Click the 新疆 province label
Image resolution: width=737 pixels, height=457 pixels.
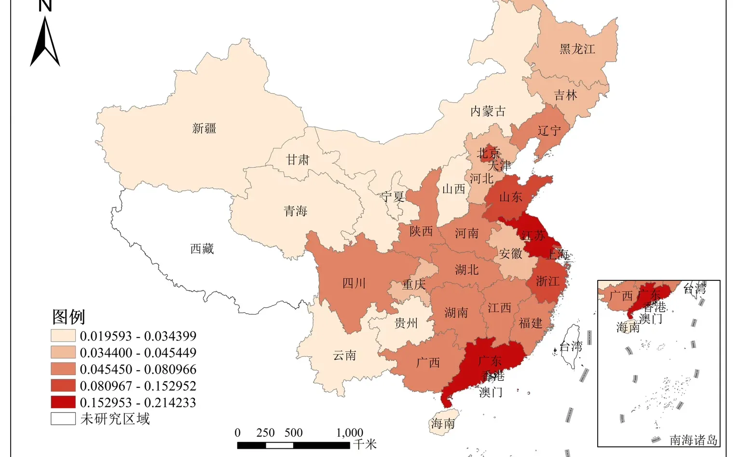(204, 128)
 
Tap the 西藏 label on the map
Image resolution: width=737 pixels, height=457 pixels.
(202, 249)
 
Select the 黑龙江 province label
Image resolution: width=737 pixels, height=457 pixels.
(577, 49)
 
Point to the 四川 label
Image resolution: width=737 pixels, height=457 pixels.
(354, 283)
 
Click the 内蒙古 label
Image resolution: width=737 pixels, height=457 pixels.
(488, 111)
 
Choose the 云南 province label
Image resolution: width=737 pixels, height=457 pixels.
(344, 356)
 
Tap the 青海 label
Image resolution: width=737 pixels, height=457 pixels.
(295, 211)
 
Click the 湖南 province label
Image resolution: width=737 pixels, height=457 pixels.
(456, 313)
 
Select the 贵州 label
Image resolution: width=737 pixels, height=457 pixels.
(406, 323)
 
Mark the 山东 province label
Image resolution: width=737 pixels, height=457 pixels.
(510, 197)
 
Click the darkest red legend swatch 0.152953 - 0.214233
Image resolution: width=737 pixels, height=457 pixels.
(63, 402)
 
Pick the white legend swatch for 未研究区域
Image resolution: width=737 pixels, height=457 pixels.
(63, 418)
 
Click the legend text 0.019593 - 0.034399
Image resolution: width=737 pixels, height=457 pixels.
(138, 336)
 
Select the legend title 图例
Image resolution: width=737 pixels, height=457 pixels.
(68, 317)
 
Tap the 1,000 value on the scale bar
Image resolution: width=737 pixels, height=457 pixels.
(349, 432)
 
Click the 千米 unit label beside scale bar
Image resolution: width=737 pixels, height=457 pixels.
(364, 444)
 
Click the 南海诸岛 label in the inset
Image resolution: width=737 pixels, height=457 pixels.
(693, 440)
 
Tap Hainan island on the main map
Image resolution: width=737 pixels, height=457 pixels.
(443, 423)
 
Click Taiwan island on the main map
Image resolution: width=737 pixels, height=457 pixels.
(572, 345)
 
